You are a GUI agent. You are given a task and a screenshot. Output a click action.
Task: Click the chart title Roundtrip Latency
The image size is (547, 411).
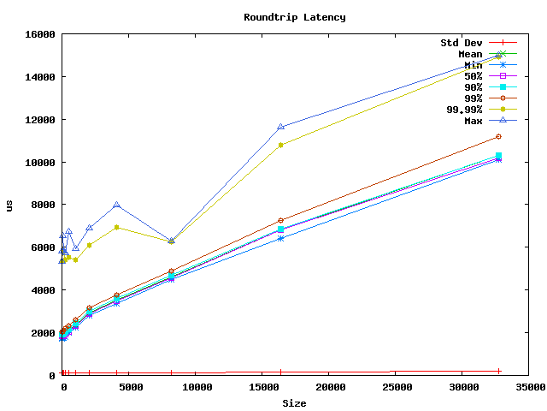295,17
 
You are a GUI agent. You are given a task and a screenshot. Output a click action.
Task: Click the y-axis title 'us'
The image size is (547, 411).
9,205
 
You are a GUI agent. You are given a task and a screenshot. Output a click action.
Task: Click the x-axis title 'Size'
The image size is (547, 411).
295,403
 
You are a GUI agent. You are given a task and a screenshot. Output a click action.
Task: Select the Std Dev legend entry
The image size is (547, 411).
462,43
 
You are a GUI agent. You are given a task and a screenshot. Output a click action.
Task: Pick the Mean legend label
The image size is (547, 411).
470,54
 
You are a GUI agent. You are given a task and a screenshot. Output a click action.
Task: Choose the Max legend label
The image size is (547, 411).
473,120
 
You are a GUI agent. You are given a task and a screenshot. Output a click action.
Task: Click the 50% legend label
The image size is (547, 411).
473,76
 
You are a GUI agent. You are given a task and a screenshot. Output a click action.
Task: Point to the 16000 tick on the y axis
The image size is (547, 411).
38,34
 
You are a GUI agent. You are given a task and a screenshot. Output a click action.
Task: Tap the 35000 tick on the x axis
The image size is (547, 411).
529,387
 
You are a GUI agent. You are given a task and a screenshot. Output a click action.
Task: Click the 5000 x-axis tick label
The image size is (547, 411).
129,387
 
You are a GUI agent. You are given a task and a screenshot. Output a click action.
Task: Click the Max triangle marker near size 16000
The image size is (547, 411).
281,127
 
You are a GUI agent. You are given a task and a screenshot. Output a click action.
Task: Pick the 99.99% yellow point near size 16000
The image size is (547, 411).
281,145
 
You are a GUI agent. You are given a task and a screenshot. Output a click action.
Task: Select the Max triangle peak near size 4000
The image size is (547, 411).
117,205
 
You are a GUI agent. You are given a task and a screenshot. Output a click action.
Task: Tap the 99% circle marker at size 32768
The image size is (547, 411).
498,136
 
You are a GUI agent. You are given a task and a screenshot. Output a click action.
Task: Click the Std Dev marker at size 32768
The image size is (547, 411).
498,371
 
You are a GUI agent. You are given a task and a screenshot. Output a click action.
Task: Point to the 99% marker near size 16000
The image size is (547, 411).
281,220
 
